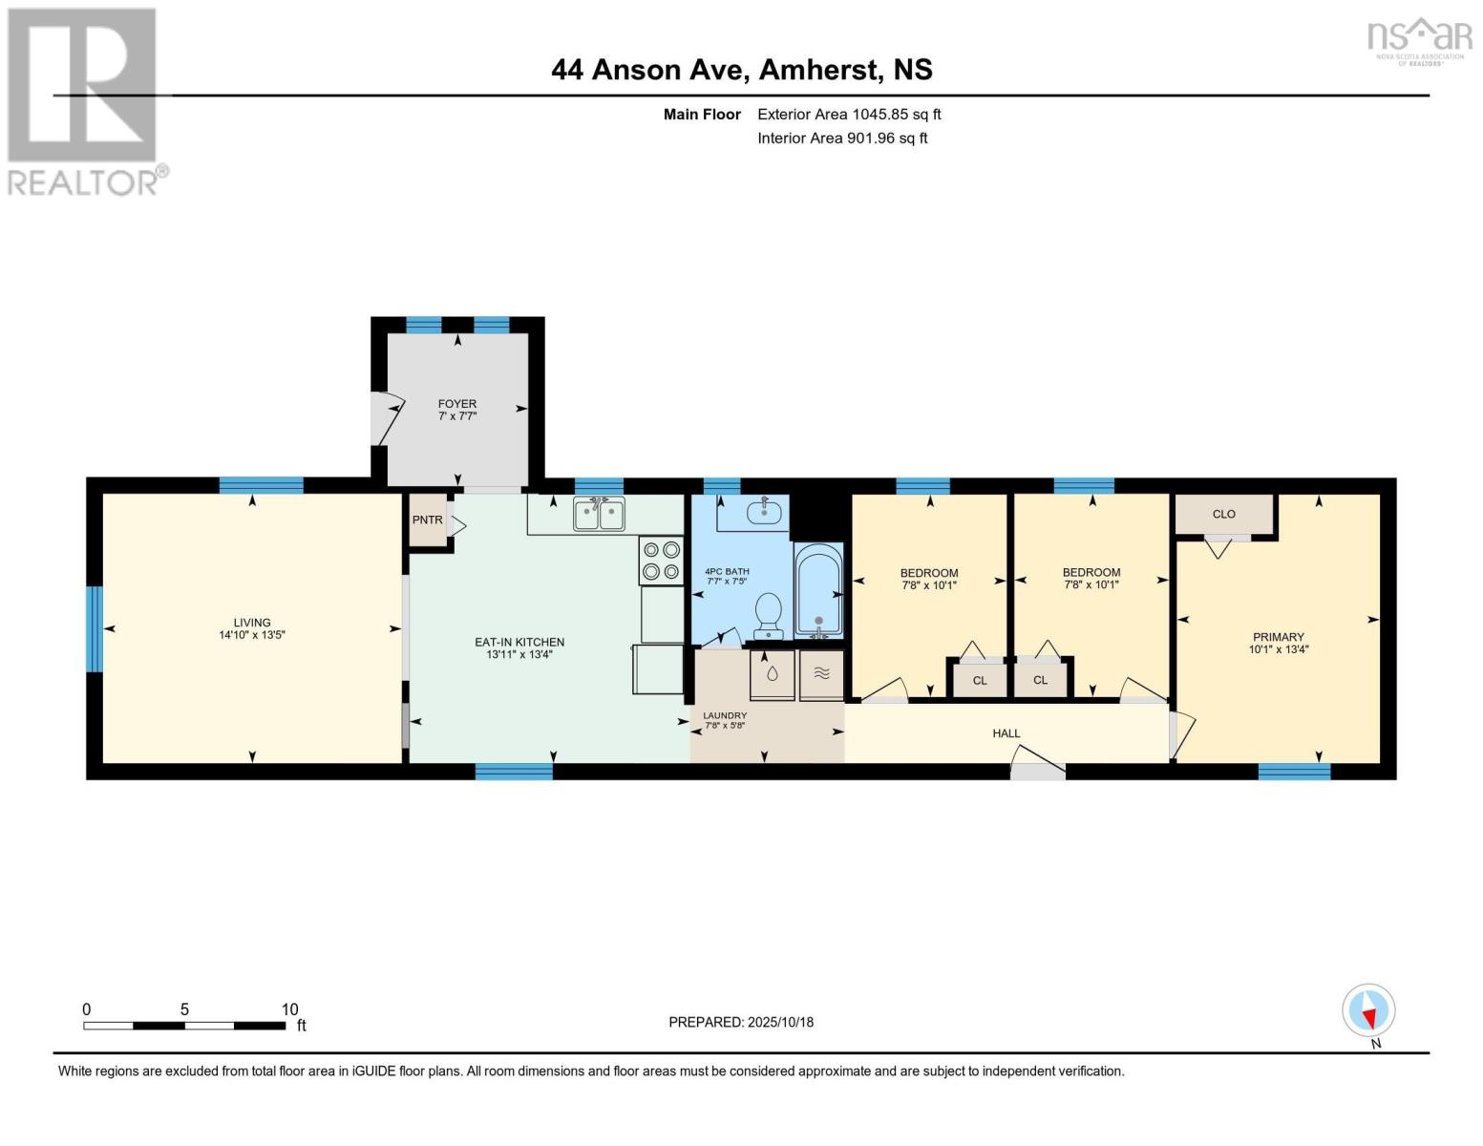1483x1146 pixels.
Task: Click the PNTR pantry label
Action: pyautogui.click(x=427, y=520)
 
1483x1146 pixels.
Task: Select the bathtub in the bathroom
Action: pyautogui.click(x=818, y=590)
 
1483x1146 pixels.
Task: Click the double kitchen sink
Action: pyautogui.click(x=599, y=515)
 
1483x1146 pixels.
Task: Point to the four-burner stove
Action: pyautogui.click(x=661, y=561)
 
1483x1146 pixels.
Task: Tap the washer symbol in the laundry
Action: pyautogui.click(x=772, y=674)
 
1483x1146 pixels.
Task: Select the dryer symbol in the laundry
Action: pyautogui.click(x=821, y=674)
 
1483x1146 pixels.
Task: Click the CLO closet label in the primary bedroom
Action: pyautogui.click(x=1223, y=515)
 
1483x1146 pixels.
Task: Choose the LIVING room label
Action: pyautogui.click(x=252, y=623)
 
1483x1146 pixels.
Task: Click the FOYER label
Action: pyautogui.click(x=457, y=404)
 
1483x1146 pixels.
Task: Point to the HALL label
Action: pyautogui.click(x=1006, y=733)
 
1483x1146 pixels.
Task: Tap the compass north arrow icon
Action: pyautogui.click(x=1368, y=1011)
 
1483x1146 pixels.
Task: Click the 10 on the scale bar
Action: pyautogui.click(x=289, y=1009)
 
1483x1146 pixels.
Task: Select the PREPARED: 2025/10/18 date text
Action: pyautogui.click(x=741, y=1022)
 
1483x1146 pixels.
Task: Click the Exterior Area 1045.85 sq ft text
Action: pyautogui.click(x=849, y=115)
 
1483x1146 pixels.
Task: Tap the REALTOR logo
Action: pyautogui.click(x=83, y=100)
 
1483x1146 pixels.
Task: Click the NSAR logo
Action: pyautogui.click(x=1420, y=38)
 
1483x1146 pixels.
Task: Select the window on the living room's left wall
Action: pyautogui.click(x=95, y=628)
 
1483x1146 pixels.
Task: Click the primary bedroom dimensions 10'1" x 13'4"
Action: pyautogui.click(x=1278, y=649)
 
